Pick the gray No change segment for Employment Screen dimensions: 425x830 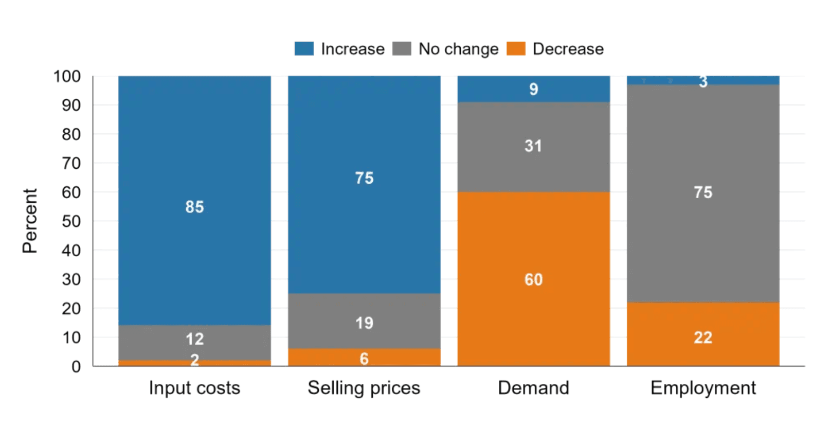(x=703, y=154)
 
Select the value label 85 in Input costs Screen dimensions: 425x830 (x=194, y=207)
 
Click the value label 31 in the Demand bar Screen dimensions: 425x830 (x=533, y=146)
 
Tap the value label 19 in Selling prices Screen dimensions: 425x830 (x=364, y=323)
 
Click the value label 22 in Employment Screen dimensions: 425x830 (x=703, y=338)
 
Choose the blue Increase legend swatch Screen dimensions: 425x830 (x=304, y=49)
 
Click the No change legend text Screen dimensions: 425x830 (x=458, y=49)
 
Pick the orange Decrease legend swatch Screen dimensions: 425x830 (x=516, y=49)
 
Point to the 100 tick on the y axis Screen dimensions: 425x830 (x=67, y=76)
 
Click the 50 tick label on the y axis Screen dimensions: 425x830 (x=71, y=221)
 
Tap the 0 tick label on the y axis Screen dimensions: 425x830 (x=76, y=366)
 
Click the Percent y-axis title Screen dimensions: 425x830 (x=30, y=220)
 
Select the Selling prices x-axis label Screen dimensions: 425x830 (x=364, y=387)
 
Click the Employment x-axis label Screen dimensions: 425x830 (x=703, y=387)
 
